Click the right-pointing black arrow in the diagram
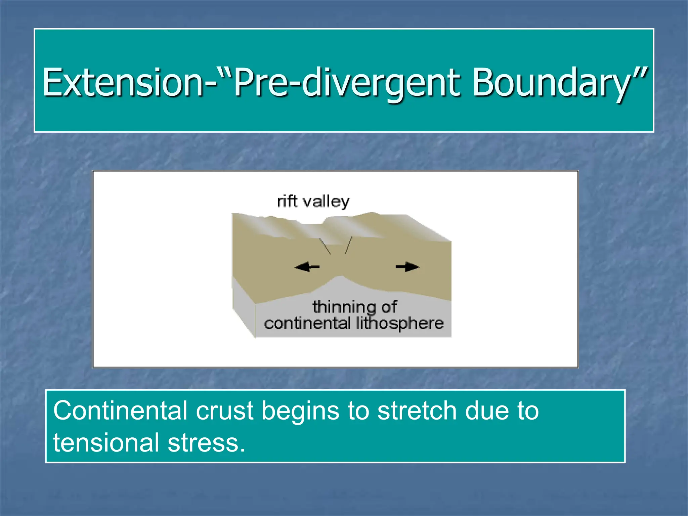pyautogui.click(x=407, y=267)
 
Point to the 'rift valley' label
pyautogui.click(x=313, y=202)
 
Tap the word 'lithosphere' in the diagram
pyautogui.click(x=400, y=323)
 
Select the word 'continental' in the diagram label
pyautogui.click(x=307, y=323)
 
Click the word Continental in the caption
pyautogui.click(x=120, y=411)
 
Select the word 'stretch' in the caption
pyautogui.click(x=417, y=411)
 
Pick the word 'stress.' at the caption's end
pyautogui.click(x=206, y=443)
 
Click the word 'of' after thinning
pyautogui.click(x=389, y=307)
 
